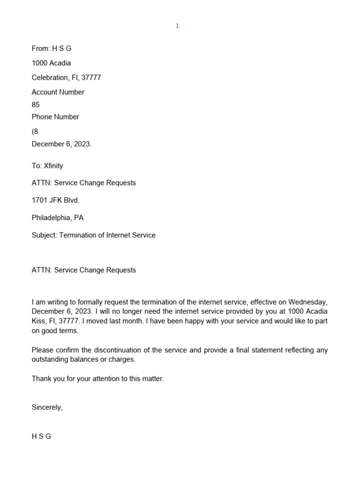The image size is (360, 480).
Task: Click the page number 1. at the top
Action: (178, 26)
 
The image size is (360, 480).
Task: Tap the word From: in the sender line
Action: (41, 48)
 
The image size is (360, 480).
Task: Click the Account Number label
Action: (58, 92)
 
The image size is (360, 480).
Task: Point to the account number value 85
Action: (36, 105)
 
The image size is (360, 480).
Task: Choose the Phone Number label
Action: (55, 117)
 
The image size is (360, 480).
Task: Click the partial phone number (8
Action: (35, 131)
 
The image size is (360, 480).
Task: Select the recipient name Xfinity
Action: (53, 165)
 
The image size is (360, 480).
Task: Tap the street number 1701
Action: (39, 200)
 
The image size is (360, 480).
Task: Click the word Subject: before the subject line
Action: (44, 235)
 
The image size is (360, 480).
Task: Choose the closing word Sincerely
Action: (47, 407)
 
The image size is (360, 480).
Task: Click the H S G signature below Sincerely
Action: (41, 436)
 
